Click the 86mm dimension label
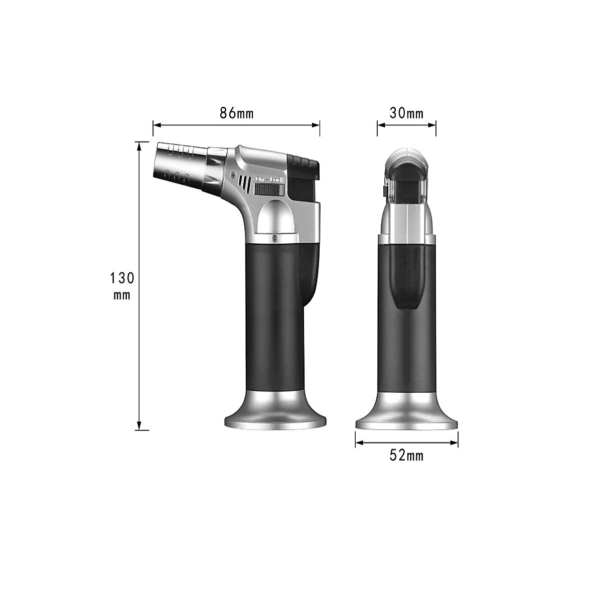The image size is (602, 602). point(236,113)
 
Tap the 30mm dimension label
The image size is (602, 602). point(406,113)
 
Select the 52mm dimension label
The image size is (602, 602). point(406,456)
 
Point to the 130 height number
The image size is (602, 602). point(122,277)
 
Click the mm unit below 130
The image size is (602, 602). point(122,295)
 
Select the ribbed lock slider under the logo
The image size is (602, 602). point(270,190)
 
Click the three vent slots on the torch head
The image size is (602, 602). point(244,184)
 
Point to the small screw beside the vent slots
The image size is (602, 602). point(233,174)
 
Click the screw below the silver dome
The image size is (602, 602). point(274,237)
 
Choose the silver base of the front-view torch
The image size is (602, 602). point(406,412)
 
